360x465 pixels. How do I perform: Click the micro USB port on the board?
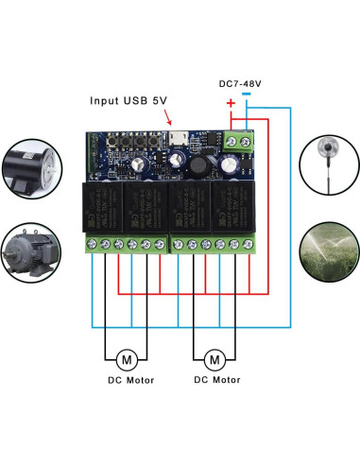click(x=176, y=143)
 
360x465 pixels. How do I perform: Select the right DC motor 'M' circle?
click(x=214, y=359)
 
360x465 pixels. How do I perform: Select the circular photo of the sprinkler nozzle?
click(x=324, y=162)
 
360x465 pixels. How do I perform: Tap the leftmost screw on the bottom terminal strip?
click(x=92, y=245)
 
